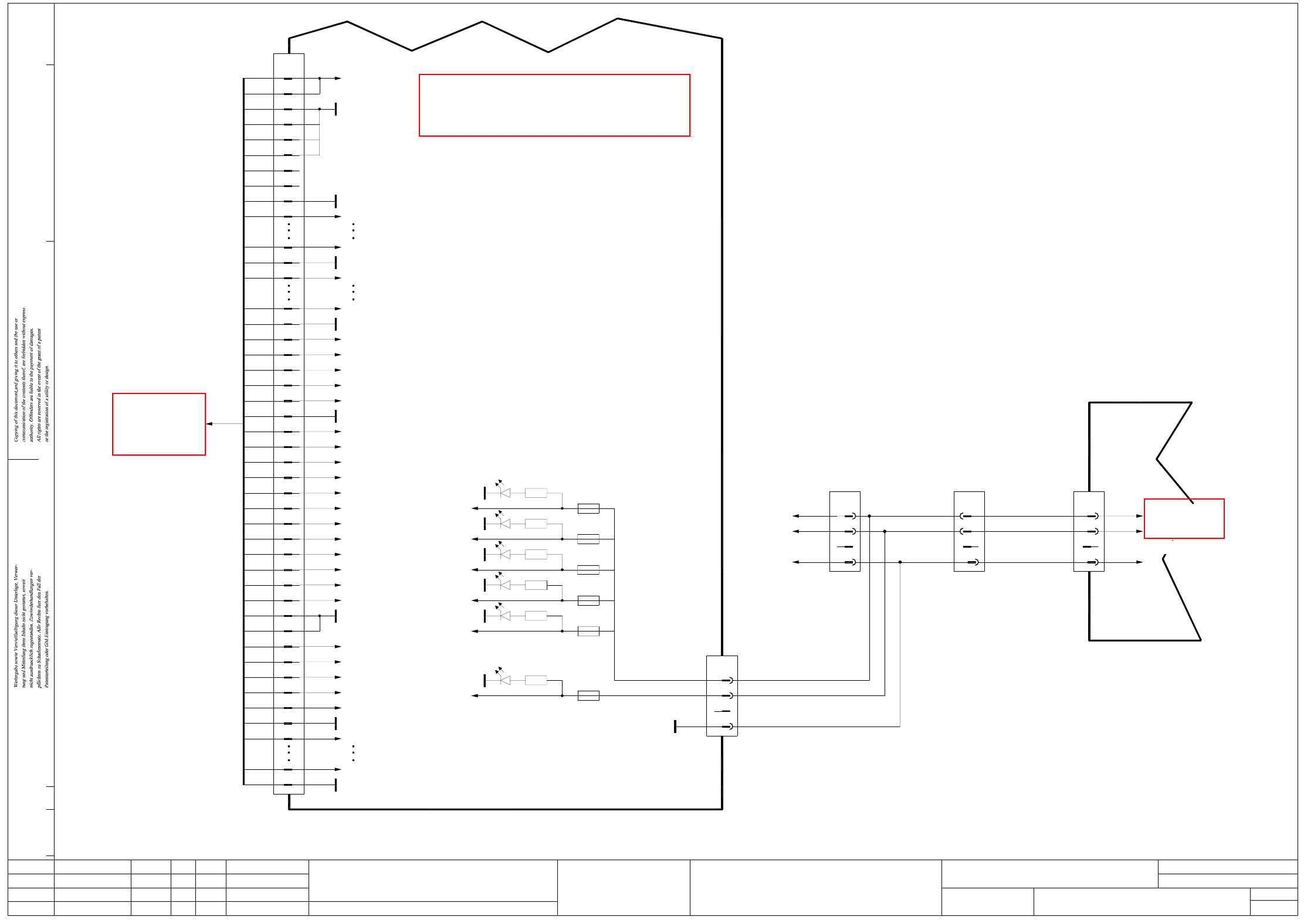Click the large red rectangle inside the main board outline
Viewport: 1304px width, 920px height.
(554, 105)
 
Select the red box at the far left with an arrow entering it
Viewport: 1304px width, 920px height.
(159, 424)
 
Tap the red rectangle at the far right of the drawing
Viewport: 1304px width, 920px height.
(1184, 518)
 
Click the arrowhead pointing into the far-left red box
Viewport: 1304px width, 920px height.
(209, 424)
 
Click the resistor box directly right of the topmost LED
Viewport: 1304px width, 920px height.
(536, 493)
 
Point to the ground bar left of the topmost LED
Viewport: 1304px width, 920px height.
(485, 493)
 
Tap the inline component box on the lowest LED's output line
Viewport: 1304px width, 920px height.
(588, 695)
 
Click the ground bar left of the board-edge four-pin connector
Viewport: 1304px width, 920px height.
(675, 727)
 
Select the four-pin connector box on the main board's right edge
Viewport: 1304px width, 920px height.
(722, 695)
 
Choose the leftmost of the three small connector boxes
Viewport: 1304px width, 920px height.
(845, 531)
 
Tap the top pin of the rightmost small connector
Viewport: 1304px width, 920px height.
(1092, 516)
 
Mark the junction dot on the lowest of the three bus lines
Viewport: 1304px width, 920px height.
(900, 562)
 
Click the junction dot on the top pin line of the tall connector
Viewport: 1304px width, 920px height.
(320, 78)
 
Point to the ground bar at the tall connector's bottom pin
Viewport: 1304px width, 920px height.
(336, 785)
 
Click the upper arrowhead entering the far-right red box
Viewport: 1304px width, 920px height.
(1139, 516)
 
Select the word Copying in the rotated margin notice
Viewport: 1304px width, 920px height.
(16, 432)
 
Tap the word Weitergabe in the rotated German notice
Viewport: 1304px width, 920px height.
(16, 674)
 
